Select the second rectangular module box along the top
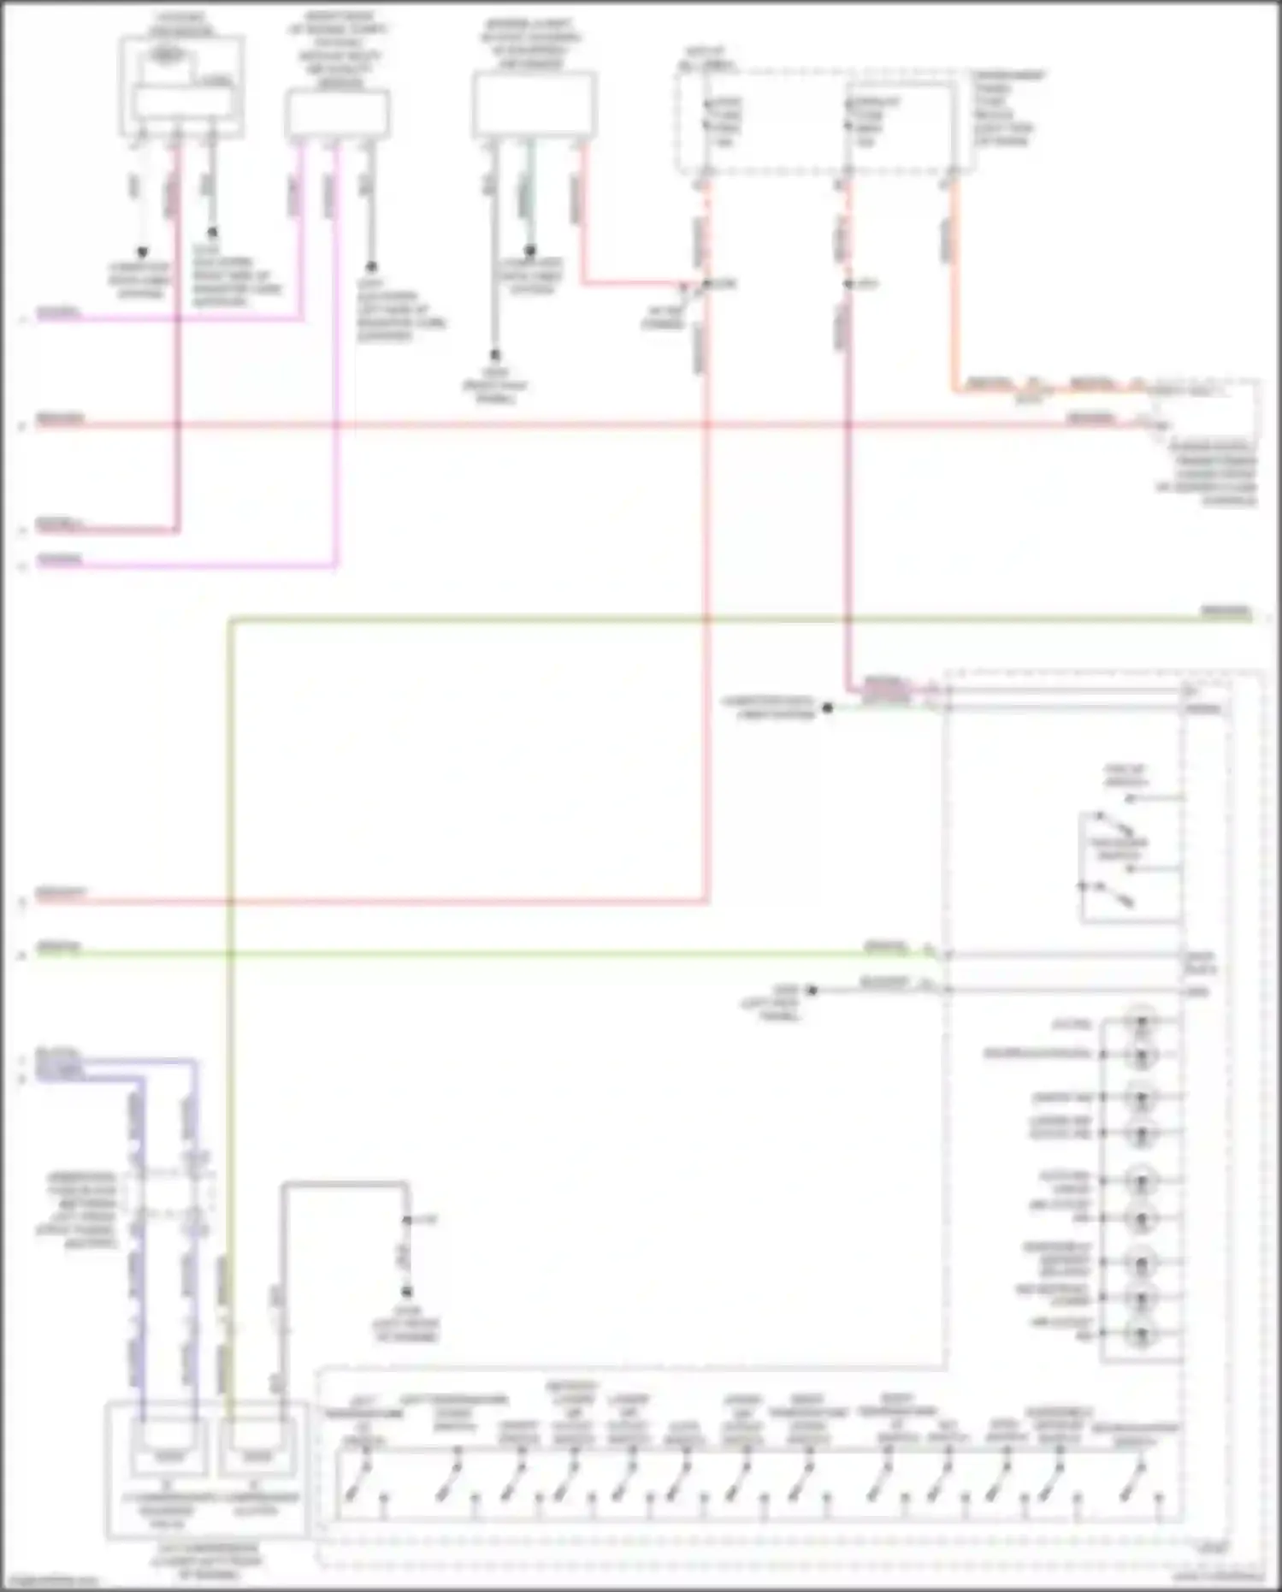[x=337, y=113]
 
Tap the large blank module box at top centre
[x=535, y=104]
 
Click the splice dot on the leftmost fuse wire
[x=707, y=283]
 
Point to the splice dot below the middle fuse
[x=848, y=283]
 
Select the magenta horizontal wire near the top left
[x=171, y=319]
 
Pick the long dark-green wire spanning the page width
[x=684, y=618]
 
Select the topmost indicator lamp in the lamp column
[x=1140, y=1021]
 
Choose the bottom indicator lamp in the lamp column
[x=1140, y=1332]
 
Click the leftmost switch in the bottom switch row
[x=352, y=1489]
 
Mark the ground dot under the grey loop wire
[x=407, y=1292]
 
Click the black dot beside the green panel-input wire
[x=827, y=707]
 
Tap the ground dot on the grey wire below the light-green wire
[x=812, y=990]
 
